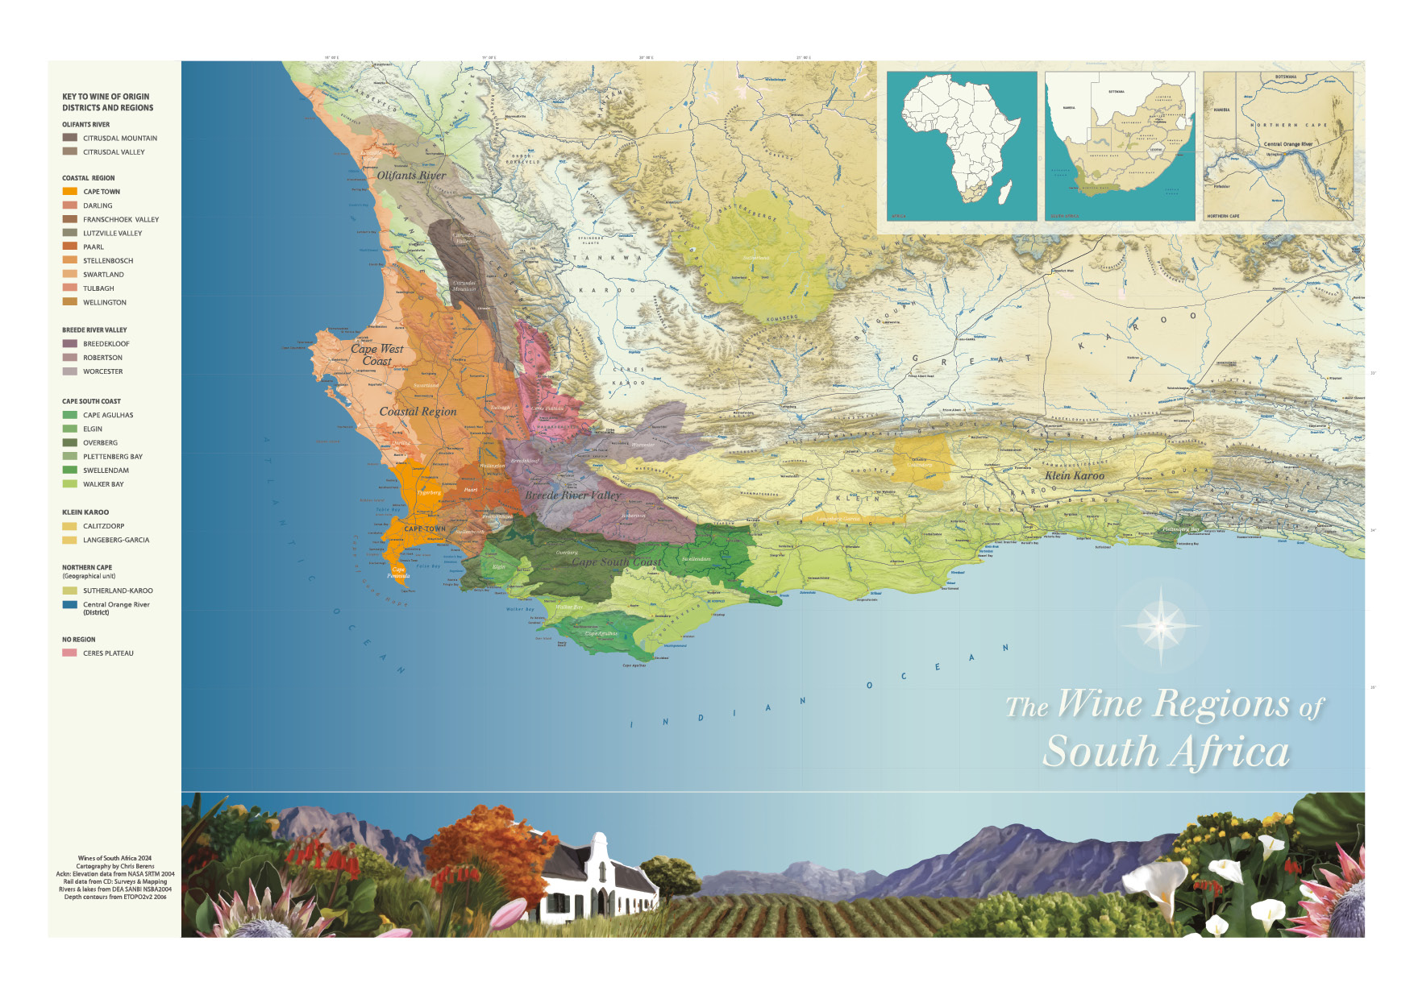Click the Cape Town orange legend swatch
point(70,192)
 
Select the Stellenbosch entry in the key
point(108,261)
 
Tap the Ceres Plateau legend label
point(108,653)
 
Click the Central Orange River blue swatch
point(70,605)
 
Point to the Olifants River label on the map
point(411,175)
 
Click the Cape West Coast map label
point(376,354)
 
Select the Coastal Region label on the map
point(418,412)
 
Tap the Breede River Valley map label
point(572,495)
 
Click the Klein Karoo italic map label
point(1075,475)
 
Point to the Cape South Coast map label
point(616,562)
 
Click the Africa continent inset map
point(961,146)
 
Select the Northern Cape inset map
point(1278,146)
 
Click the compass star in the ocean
point(1161,624)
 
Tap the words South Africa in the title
point(1166,752)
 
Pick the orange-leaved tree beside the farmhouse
point(484,850)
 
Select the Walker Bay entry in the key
point(103,484)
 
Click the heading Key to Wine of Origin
point(107,102)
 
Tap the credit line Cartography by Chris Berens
point(115,866)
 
